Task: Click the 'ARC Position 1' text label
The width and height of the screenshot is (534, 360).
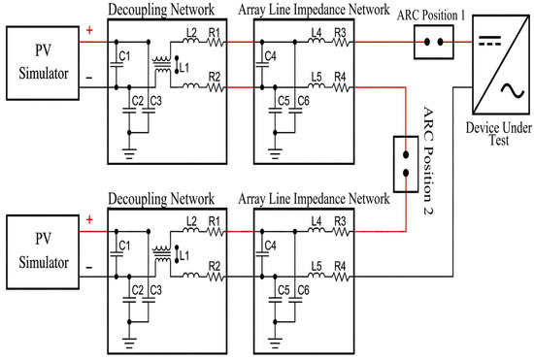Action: [431, 16]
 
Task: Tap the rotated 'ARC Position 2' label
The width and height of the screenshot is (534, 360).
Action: [428, 161]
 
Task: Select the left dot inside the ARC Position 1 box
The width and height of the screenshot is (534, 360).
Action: [427, 42]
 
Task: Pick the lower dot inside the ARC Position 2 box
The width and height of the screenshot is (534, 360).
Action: [406, 173]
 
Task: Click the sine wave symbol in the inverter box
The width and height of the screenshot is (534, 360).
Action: [513, 91]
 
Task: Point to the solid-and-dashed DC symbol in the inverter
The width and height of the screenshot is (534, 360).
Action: [490, 41]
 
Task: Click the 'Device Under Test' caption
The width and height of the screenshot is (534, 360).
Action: [499, 134]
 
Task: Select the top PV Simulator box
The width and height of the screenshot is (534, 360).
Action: [43, 63]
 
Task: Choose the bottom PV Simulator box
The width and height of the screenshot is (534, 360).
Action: [43, 252]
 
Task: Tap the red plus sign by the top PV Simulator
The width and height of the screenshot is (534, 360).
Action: [89, 30]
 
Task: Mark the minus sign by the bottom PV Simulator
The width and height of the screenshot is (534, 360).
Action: [89, 268]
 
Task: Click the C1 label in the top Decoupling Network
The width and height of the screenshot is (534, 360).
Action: [124, 56]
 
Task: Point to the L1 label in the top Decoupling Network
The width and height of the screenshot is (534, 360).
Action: [184, 68]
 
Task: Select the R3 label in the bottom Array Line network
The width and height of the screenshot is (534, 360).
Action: [340, 221]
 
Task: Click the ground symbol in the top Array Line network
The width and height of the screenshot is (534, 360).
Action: [275, 153]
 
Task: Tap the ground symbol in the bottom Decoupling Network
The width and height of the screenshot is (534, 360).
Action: [129, 343]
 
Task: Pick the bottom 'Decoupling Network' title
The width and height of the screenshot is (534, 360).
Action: [161, 199]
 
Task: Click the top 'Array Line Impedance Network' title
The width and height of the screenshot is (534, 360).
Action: [314, 10]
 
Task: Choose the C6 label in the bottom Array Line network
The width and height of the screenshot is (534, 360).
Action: [304, 290]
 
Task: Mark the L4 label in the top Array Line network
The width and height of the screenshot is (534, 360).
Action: [317, 32]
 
